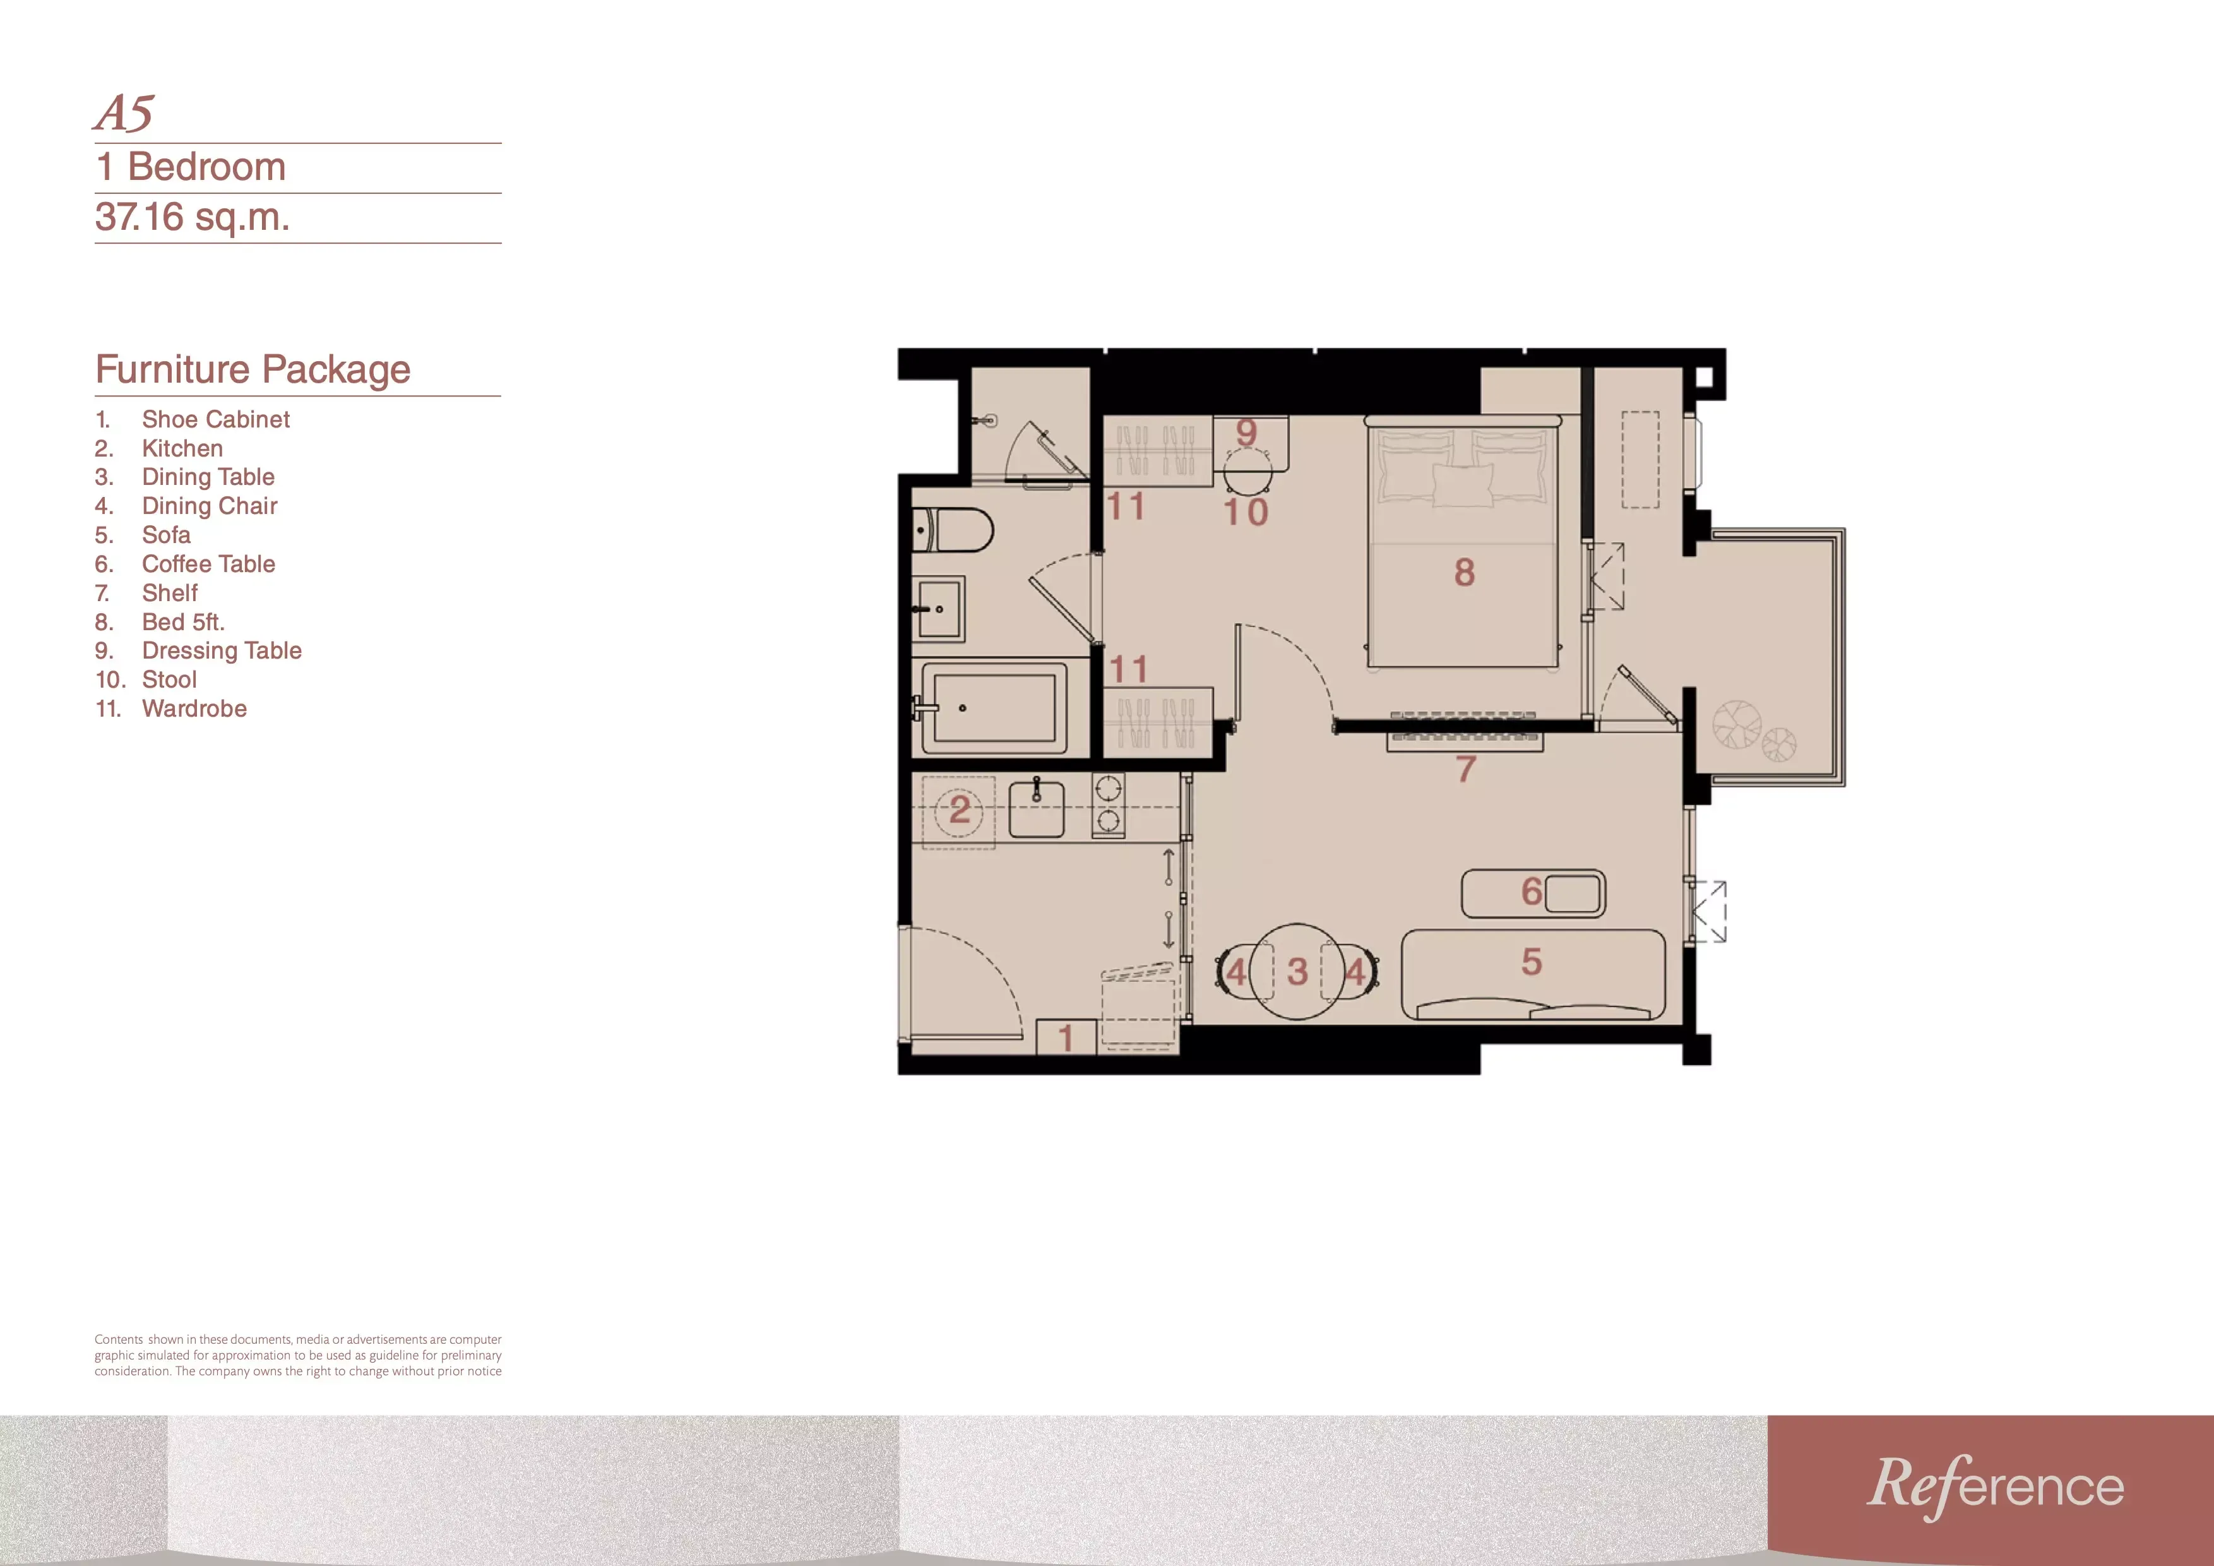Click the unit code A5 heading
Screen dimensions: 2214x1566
124,114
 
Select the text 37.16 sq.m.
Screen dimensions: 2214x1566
192,217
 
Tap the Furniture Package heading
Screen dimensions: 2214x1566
253,369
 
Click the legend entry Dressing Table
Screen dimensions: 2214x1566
222,651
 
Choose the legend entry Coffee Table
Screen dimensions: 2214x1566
208,564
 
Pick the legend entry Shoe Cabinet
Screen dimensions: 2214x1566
215,419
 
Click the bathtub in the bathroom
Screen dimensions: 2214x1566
993,708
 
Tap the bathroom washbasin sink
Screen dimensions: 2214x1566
938,609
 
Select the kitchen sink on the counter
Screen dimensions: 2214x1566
1037,808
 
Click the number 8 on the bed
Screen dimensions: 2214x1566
1465,573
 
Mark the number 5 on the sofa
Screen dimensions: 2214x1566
1532,962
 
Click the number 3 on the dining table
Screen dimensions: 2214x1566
1298,971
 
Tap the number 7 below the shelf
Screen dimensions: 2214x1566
1466,768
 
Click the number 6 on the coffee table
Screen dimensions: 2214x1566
1532,892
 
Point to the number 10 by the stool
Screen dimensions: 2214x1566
1246,512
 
